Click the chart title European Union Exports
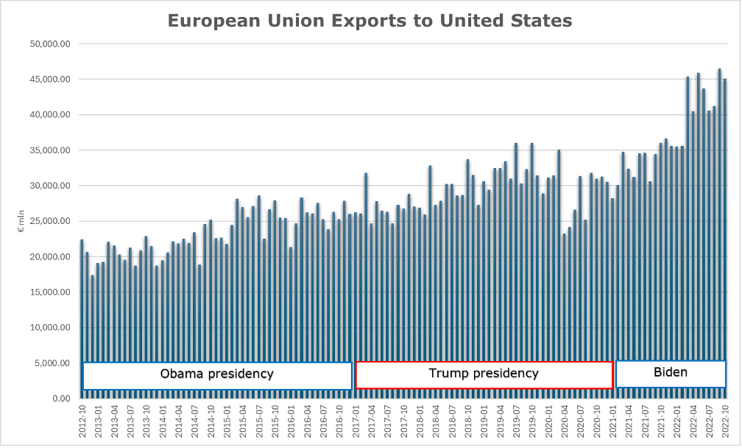coord(370,20)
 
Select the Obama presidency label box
coord(217,375)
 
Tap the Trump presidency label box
coord(484,374)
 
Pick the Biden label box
coord(671,374)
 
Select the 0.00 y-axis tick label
coord(60,399)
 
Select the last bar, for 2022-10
coord(725,221)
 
